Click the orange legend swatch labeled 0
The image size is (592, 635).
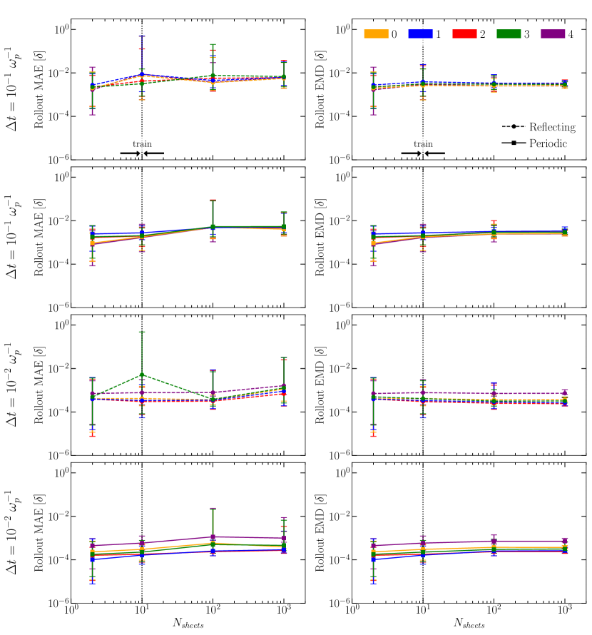[x=376, y=34]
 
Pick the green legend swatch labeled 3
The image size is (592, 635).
[x=509, y=34]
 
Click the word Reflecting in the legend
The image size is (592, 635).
[x=552, y=126]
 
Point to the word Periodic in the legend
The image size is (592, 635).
[x=548, y=143]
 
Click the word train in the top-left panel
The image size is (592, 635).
[x=142, y=144]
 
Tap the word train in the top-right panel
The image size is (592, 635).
[x=423, y=144]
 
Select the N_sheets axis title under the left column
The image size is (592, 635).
[x=187, y=623]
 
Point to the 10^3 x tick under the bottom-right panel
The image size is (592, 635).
[x=565, y=611]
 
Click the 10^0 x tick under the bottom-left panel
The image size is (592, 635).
[x=71, y=611]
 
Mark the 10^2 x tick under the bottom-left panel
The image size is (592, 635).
[x=213, y=611]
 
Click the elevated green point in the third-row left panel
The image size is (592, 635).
[x=142, y=375]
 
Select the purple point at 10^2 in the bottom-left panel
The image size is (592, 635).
[x=213, y=537]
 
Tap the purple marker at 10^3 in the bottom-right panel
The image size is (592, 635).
[x=565, y=542]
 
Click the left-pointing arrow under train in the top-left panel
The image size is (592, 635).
[x=153, y=153]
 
